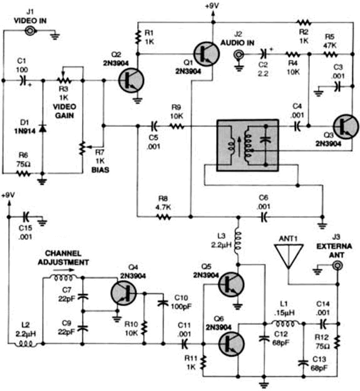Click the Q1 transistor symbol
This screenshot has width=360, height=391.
click(x=207, y=54)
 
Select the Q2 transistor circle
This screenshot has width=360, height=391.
click(x=131, y=80)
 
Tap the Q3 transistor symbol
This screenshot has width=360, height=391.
click(x=346, y=127)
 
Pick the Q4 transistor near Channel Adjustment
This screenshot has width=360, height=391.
click(x=123, y=293)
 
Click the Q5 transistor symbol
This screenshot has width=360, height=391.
click(x=231, y=284)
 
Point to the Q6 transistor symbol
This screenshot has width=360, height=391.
click(x=231, y=343)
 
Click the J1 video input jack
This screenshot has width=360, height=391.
click(x=30, y=31)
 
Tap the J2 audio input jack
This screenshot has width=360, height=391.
click(x=239, y=55)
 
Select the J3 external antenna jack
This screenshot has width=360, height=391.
click(x=338, y=265)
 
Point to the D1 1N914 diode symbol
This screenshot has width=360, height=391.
click(x=43, y=128)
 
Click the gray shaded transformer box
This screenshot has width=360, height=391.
click(x=248, y=145)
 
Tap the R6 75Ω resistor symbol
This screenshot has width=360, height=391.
click(x=23, y=174)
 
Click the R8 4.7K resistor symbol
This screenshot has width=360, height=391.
click(x=163, y=217)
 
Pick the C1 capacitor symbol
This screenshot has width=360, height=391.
click(x=23, y=80)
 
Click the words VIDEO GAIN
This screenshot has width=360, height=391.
click(x=64, y=111)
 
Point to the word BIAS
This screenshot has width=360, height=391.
click(x=100, y=170)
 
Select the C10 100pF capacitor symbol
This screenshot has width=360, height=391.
click(x=163, y=303)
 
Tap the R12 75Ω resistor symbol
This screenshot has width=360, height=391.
click(x=338, y=342)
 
